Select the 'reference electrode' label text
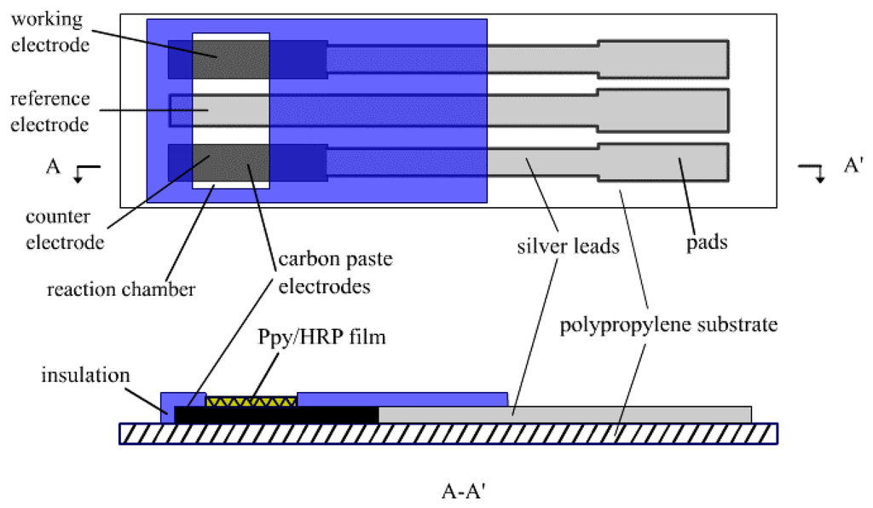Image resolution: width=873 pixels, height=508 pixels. coord(49,111)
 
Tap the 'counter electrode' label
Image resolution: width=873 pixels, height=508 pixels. coord(65,230)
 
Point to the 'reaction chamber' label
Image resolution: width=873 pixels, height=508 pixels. coord(121,290)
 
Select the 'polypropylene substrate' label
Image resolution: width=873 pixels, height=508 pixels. coord(668,325)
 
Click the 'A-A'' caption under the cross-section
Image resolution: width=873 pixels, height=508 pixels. coord(465,491)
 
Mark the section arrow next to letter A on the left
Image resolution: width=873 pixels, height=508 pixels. coord(85,171)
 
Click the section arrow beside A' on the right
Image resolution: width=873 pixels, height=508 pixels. coord(812,171)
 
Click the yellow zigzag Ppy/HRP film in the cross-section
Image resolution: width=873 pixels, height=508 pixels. coord(251,400)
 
